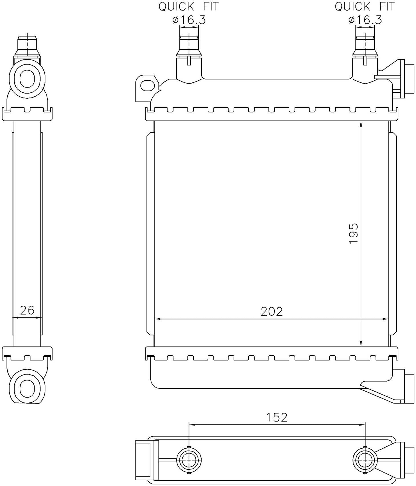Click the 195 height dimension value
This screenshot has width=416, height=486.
pos(353,234)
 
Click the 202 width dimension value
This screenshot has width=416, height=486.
pos(271,311)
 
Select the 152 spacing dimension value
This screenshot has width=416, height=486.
pos(276,417)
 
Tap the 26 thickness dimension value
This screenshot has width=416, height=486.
pos(27,310)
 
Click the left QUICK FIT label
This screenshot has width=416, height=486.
pos(189,6)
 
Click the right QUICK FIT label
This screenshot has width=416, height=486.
pos(365,6)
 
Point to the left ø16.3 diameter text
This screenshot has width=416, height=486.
pos(189,20)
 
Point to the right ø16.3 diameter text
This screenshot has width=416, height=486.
pos(365,20)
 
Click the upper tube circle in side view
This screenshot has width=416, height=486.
pos(27,78)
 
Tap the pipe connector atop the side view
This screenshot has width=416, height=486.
pos(27,46)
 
